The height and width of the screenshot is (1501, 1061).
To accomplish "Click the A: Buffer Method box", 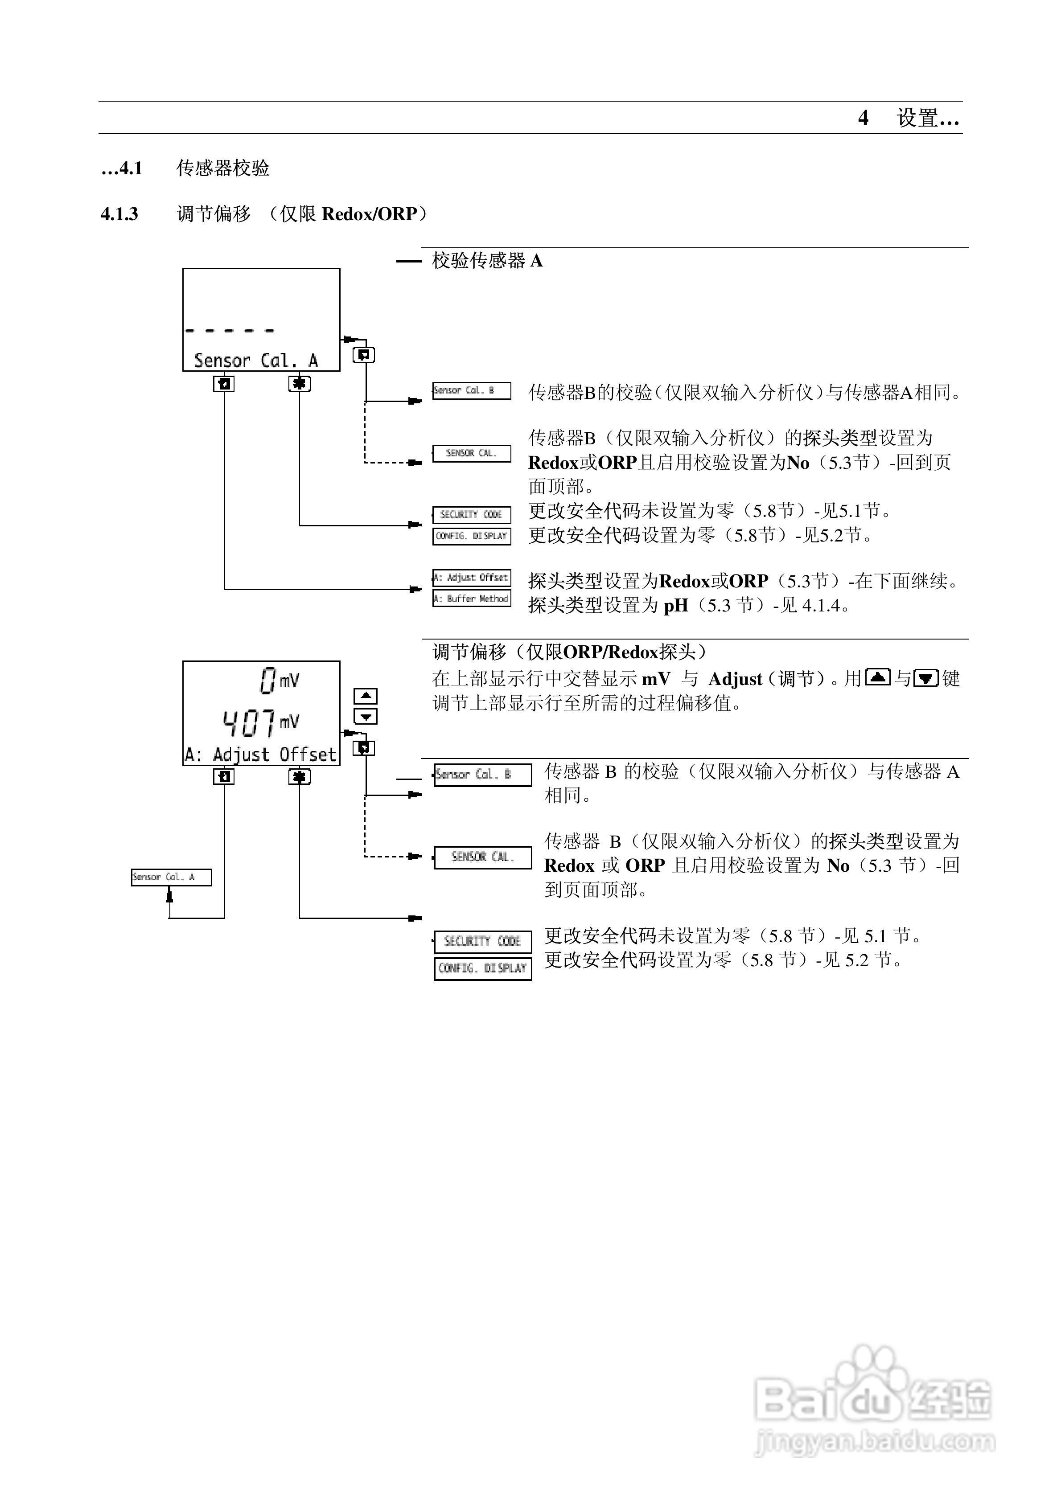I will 471,598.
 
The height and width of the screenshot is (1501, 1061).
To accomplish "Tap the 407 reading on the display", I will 249,723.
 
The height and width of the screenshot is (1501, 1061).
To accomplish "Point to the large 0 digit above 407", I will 267,680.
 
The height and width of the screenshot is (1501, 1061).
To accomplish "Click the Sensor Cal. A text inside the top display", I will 256,360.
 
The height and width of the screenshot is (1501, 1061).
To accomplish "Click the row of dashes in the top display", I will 230,331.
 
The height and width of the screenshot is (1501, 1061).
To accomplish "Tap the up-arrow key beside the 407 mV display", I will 366,696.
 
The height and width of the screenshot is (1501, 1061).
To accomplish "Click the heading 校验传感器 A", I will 487,261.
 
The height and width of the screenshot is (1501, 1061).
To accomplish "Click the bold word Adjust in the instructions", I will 735,679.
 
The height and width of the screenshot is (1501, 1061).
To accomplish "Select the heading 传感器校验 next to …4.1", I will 223,168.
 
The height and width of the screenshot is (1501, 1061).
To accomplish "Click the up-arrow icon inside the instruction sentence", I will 877,678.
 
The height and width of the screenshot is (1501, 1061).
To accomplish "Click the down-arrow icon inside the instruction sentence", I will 925,678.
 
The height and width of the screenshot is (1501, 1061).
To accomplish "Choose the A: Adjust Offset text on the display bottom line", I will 260,755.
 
